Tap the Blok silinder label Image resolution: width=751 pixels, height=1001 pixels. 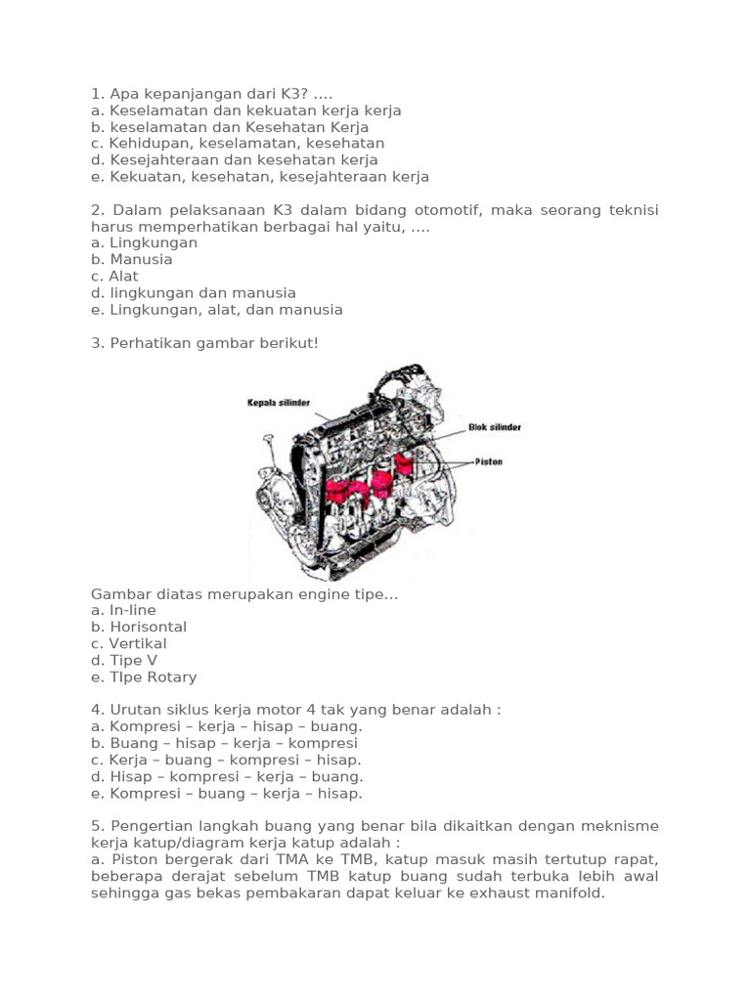click(x=496, y=427)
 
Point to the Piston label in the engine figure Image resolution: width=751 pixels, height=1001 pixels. click(x=488, y=461)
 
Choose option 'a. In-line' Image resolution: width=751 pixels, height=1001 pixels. click(x=123, y=610)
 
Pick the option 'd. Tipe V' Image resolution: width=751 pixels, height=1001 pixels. click(x=124, y=660)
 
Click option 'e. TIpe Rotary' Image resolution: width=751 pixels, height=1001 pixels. click(x=144, y=676)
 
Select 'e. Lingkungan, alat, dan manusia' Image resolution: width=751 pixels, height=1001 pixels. click(x=217, y=310)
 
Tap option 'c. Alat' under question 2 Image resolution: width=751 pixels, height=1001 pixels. click(x=114, y=277)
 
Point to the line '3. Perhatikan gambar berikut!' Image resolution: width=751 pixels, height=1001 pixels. click(x=204, y=343)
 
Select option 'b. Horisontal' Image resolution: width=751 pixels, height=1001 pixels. click(x=139, y=627)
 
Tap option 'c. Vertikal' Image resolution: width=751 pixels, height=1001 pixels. click(x=129, y=643)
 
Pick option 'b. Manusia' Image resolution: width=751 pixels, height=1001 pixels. click(x=132, y=260)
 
